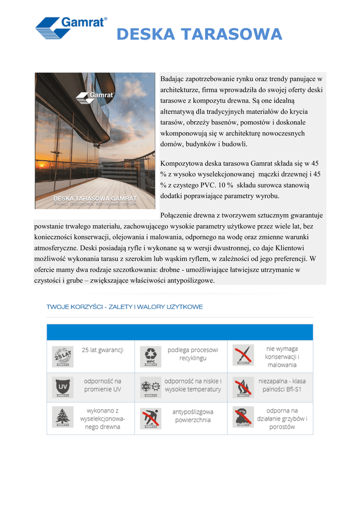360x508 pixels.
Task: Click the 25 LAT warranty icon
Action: [63, 356]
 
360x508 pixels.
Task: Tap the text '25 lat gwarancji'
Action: [102, 350]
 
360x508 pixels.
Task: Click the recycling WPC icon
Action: [150, 356]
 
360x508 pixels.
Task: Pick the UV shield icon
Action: [63, 386]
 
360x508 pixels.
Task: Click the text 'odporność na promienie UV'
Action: [102, 385]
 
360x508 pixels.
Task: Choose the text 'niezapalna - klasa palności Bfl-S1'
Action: [282, 385]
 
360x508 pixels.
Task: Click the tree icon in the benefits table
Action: [63, 418]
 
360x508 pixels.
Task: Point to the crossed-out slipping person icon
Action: [150, 418]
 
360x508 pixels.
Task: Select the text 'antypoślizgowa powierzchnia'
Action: [193, 416]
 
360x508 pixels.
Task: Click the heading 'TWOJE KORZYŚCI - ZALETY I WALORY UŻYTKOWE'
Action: [125, 307]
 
